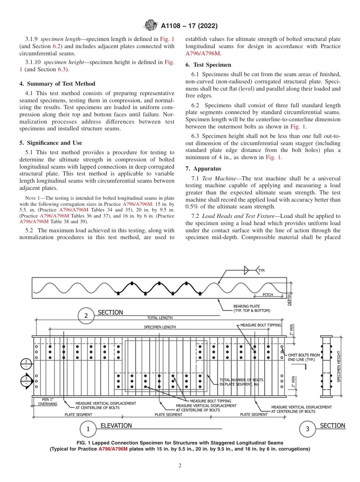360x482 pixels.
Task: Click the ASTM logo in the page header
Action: (151, 26)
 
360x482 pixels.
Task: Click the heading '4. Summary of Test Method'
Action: (57, 84)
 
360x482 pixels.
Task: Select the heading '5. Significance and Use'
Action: (50, 143)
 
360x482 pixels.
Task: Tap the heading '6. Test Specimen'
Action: (208, 65)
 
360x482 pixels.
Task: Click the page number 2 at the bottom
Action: (180, 466)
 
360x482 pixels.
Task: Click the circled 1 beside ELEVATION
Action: (88, 429)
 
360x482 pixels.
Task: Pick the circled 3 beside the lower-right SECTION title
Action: (307, 429)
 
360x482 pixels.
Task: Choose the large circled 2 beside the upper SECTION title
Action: (86, 316)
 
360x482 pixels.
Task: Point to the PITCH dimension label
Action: (268, 294)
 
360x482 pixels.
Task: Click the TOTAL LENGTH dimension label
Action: (160, 318)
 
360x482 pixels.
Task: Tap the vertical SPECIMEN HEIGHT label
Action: (339, 366)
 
